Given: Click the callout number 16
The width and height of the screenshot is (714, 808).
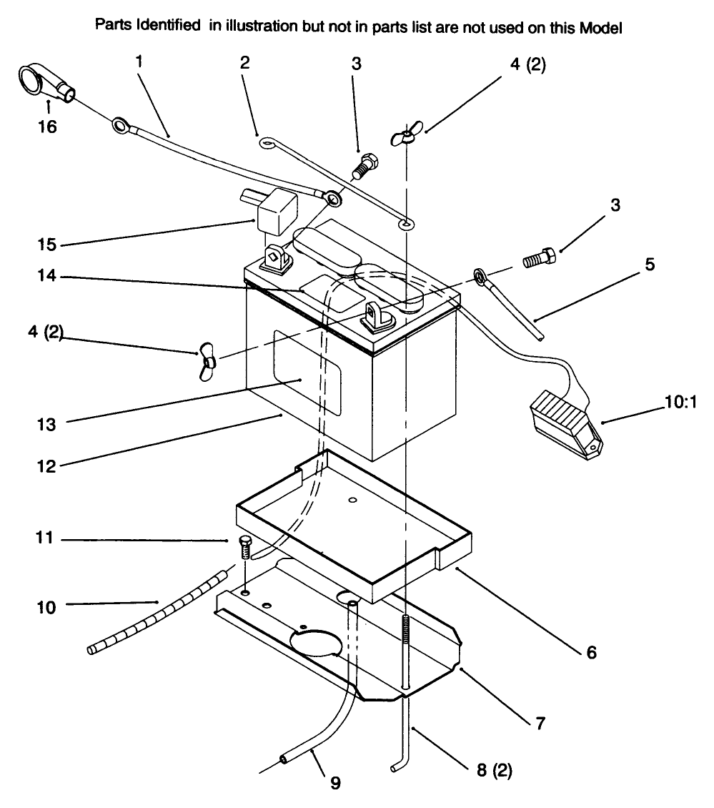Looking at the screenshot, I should tap(47, 127).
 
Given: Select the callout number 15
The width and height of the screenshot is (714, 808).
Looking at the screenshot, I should tap(47, 245).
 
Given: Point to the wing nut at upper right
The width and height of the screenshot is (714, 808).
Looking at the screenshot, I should tap(405, 136).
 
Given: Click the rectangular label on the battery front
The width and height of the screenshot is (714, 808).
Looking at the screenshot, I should tap(307, 375).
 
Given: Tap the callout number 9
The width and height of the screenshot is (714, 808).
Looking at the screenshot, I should tap(334, 782).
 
